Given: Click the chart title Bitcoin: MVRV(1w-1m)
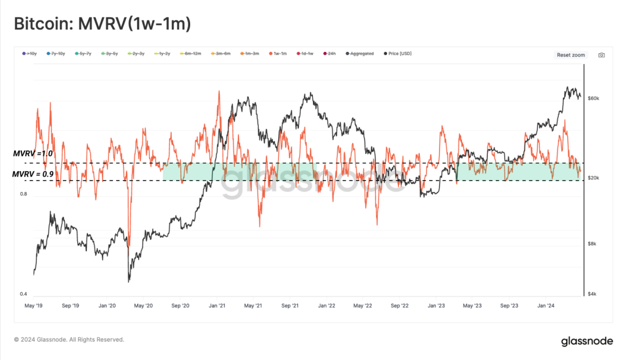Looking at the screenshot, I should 103,24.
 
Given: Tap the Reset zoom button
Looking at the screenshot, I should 570,55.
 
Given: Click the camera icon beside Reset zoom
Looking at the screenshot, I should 602,55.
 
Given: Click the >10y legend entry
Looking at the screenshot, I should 30,54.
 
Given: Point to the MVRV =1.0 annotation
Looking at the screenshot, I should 33,154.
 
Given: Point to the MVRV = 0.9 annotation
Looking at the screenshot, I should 34,174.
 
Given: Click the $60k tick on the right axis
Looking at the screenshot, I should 593,98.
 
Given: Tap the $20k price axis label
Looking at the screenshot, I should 593,178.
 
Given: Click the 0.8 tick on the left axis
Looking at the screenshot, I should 24,194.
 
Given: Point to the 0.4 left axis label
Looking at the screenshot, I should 24,294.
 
